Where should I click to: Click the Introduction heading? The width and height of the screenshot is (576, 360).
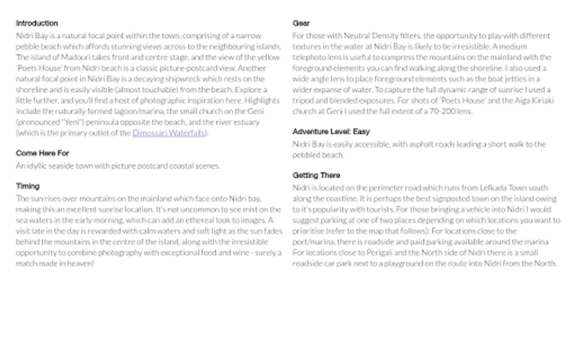tap(37, 23)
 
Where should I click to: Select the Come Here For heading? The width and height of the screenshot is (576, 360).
tap(42, 153)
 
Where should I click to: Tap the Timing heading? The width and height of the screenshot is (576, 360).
tap(28, 186)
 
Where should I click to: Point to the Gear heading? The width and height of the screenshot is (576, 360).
tap(301, 23)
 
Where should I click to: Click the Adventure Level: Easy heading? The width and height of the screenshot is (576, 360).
tap(331, 132)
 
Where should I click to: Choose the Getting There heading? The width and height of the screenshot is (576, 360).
tap(316, 175)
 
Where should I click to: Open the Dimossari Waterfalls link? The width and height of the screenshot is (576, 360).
tap(169, 133)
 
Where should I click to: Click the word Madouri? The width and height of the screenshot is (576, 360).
tap(74, 57)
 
